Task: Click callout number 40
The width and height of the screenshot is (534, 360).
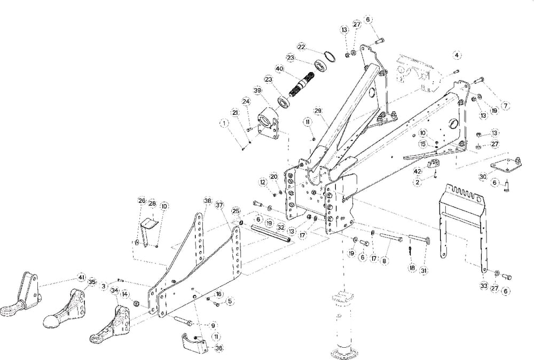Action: pos(279,68)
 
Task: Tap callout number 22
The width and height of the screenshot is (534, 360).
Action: pos(302,47)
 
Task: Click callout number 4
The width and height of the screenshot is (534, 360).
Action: pos(457,55)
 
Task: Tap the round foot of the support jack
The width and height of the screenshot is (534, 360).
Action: pos(344,353)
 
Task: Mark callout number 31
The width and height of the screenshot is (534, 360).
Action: pos(423,271)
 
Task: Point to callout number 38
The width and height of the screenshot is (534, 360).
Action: pos(207,201)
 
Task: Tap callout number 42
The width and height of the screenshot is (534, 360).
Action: pos(418,171)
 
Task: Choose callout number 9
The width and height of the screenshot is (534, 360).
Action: pos(213,325)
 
